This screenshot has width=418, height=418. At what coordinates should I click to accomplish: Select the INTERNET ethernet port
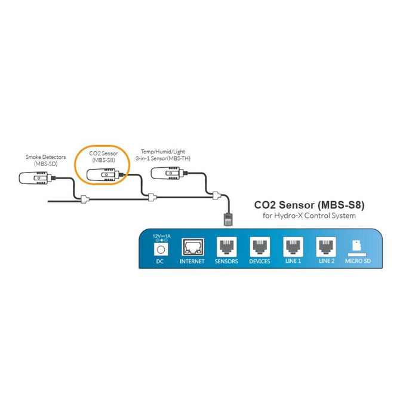192,247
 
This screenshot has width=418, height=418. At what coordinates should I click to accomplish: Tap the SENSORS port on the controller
226,247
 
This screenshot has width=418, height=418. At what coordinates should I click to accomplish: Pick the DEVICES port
259,247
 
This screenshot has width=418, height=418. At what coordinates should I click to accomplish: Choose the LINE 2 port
326,247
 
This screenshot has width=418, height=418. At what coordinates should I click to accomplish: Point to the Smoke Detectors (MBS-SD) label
41,160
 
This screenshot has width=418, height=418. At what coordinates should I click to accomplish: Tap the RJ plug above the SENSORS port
227,217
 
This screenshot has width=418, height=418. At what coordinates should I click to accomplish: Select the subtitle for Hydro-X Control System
309,216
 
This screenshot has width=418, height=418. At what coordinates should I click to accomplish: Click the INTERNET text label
192,262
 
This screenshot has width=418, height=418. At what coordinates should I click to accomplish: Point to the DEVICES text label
259,262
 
